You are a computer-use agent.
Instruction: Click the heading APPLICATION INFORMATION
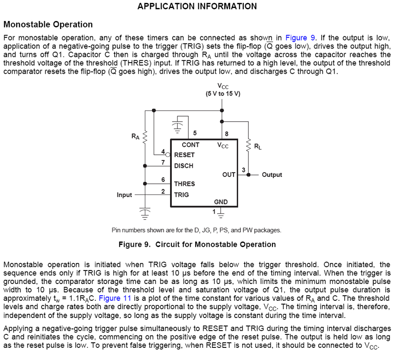coord(197,7)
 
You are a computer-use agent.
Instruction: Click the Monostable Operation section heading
coord(48,25)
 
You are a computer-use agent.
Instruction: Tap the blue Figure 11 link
coord(109,298)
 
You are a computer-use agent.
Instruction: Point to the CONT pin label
coord(191,145)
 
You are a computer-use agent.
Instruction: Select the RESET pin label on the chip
coord(184,155)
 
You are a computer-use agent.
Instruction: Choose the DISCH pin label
coord(184,166)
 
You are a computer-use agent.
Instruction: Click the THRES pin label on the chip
coord(184,184)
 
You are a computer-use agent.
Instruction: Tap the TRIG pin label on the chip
coord(181,194)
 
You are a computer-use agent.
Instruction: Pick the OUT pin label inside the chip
coord(229,174)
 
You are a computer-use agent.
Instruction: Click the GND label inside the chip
coord(221,202)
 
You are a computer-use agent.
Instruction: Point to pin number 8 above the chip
coord(226,133)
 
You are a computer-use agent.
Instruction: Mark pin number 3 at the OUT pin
coord(243,169)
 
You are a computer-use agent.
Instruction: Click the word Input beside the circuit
coord(124,195)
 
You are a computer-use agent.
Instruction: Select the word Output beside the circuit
coord(272,175)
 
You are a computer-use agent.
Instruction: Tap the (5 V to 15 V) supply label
coord(223,93)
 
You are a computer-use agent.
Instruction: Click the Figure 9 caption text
coord(197,244)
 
